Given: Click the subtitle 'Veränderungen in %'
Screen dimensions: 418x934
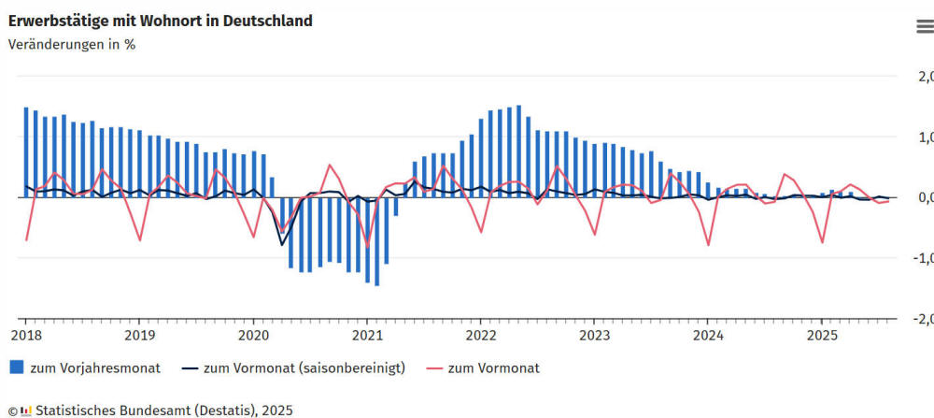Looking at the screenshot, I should (72, 44).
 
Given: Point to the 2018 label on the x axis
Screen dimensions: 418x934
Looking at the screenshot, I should (25, 335).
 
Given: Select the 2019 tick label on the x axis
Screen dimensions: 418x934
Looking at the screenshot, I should (139, 335).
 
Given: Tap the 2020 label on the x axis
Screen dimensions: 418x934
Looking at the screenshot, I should (253, 335).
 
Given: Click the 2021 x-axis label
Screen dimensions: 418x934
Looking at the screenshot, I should (367, 335).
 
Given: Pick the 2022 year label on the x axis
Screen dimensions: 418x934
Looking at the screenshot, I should (481, 335).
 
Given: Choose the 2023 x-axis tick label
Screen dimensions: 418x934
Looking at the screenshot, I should (595, 335).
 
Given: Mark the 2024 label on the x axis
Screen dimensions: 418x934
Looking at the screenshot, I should (708, 335).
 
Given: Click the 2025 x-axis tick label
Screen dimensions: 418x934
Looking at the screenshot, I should (822, 335).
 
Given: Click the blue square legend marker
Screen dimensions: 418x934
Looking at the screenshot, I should (16, 368).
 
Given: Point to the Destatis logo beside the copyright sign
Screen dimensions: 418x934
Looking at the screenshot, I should (25, 410).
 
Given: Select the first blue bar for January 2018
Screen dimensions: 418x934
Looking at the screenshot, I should (26, 152).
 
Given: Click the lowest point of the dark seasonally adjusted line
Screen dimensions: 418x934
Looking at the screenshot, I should (282, 245).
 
